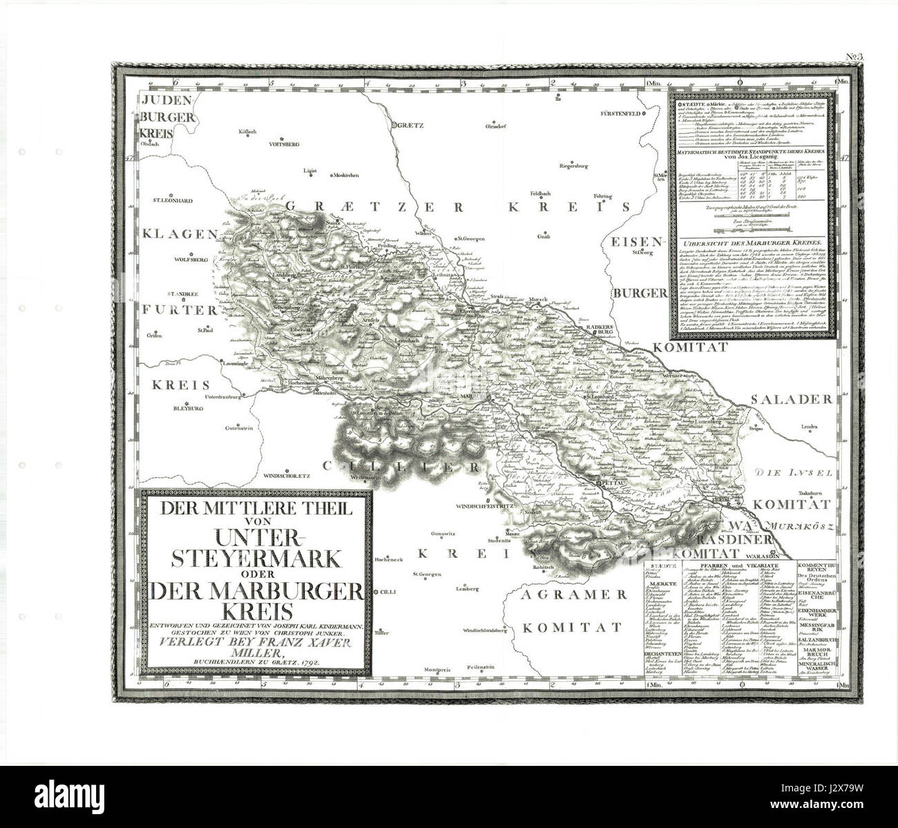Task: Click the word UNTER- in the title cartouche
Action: pyautogui.click(x=252, y=536)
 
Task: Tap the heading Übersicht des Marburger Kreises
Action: pyautogui.click(x=750, y=243)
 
